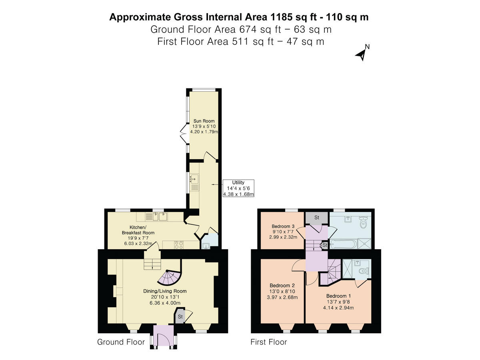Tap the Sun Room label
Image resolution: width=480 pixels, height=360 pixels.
tap(204, 121)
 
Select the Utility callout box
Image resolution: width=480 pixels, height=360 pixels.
tap(238, 188)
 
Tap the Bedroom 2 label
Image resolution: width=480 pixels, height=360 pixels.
tap(282, 285)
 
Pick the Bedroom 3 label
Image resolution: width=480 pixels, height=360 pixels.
tap(283, 226)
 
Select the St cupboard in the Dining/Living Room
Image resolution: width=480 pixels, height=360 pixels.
tap(180, 317)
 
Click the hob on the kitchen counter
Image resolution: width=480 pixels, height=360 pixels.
tap(178, 244)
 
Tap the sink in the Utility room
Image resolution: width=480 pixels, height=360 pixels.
tap(194, 178)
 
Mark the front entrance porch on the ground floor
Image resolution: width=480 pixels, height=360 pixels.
tap(164, 336)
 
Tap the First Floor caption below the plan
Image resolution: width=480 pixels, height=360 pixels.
tap(268, 342)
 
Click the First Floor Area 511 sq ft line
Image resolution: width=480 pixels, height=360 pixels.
tap(240, 41)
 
